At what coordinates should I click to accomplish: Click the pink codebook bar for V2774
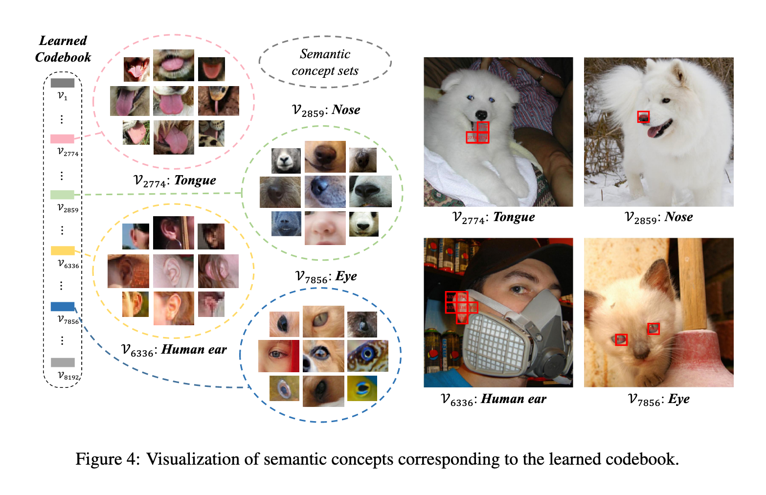click(x=62, y=139)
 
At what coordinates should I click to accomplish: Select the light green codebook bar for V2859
click(x=62, y=195)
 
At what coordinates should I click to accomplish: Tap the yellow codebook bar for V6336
click(x=63, y=250)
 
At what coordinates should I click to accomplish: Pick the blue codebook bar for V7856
click(x=63, y=307)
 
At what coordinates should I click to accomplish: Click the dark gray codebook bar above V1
click(x=62, y=83)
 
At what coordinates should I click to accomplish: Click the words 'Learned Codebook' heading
click(x=63, y=49)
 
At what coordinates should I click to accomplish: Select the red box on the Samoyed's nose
click(x=643, y=117)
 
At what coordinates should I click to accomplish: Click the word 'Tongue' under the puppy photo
click(x=514, y=217)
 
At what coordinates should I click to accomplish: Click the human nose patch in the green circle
click(x=325, y=228)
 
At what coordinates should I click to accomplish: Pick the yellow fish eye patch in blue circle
click(x=362, y=388)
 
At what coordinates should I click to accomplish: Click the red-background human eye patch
click(x=278, y=356)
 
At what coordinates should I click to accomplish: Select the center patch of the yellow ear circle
click(x=173, y=271)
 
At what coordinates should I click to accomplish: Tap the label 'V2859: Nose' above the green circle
click(x=326, y=110)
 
